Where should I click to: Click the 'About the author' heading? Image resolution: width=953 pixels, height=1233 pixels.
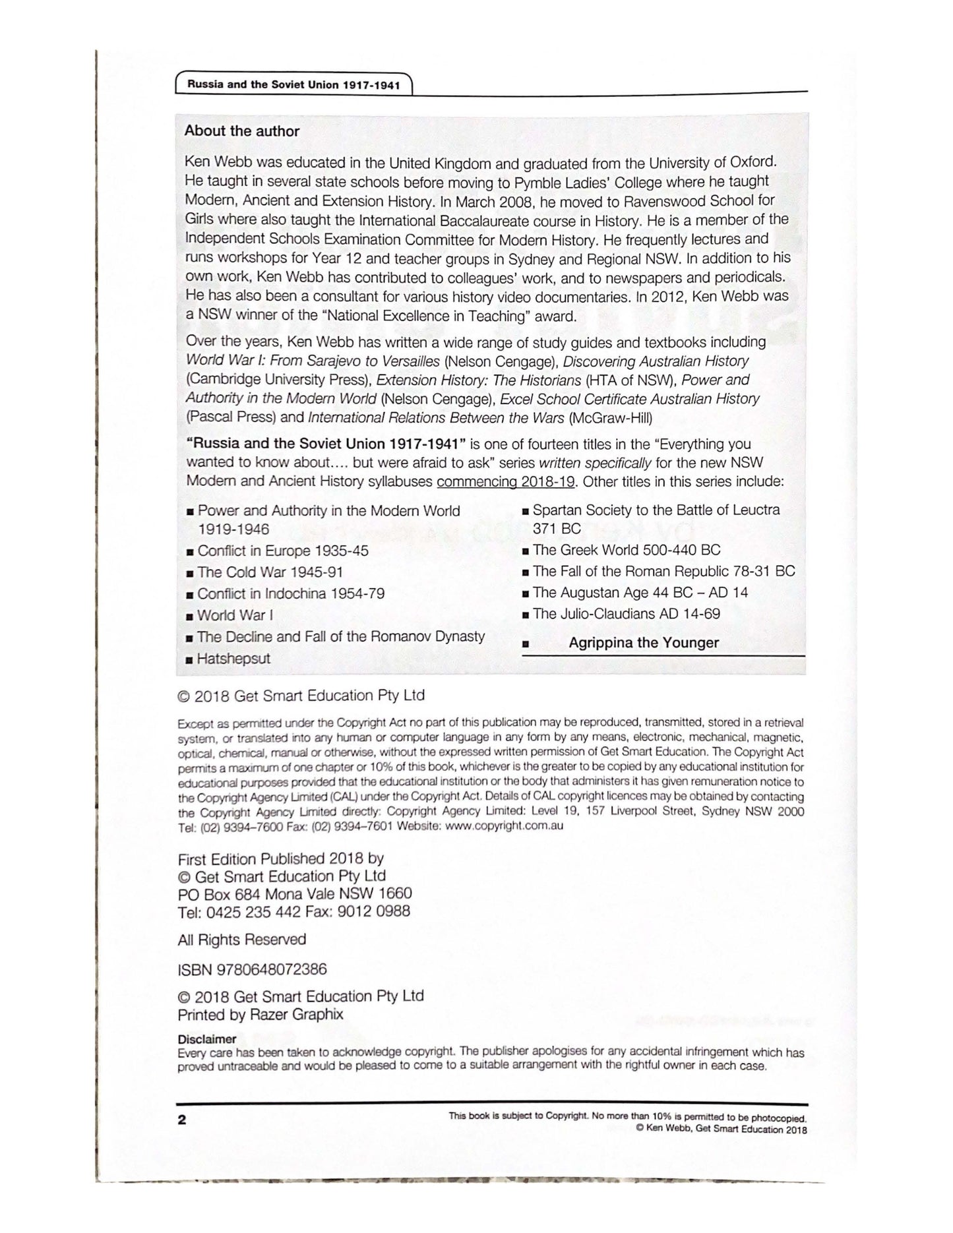(x=241, y=131)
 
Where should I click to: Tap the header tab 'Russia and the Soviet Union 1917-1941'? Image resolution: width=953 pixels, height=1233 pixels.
(x=293, y=85)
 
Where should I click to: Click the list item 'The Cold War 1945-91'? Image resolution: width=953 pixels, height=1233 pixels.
(x=270, y=572)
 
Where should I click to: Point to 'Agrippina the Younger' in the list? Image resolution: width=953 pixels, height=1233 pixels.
(x=643, y=643)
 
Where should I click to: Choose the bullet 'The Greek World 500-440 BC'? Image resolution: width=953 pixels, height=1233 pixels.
(x=626, y=550)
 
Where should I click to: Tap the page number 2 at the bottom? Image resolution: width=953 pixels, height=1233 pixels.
(x=182, y=1120)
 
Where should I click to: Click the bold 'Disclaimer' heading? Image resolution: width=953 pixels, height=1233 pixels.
(x=206, y=1039)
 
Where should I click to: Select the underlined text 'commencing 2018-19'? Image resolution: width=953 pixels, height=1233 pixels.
(x=506, y=481)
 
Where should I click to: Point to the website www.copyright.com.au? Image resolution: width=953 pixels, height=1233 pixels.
(x=504, y=826)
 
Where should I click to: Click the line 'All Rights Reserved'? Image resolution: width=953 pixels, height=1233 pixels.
(x=242, y=940)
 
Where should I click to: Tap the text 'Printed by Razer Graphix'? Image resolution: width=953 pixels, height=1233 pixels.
(x=261, y=1014)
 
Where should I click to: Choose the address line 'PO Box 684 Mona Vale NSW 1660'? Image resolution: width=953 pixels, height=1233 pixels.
(x=295, y=894)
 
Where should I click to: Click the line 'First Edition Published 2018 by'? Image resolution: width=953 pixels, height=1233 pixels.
(x=281, y=859)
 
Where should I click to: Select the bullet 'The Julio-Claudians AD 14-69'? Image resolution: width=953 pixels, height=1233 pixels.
(x=626, y=613)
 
